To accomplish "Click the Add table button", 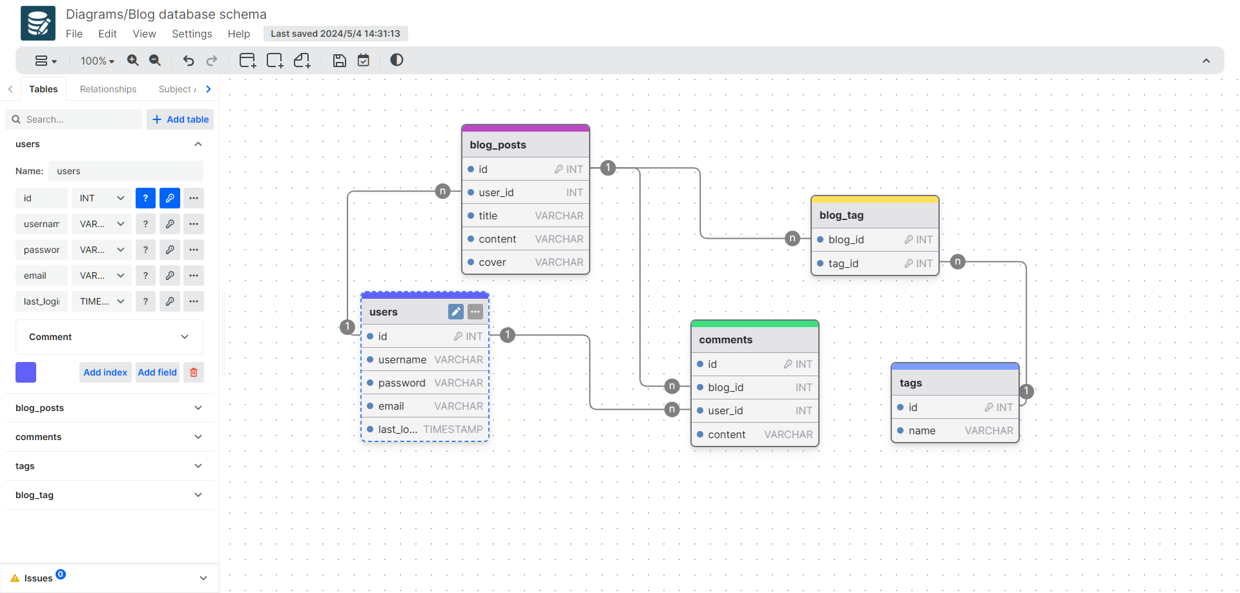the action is click(x=180, y=119).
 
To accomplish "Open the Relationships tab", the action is click(x=108, y=89).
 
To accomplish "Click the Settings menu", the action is click(x=192, y=34).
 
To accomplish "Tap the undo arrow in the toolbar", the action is click(x=189, y=61).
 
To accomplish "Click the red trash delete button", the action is click(x=194, y=372).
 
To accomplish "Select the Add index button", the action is click(x=105, y=372).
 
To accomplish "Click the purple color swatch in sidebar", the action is click(x=26, y=372).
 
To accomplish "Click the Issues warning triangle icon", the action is click(x=15, y=578).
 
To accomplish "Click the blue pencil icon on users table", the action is click(x=456, y=312).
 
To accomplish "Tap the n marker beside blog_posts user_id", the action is click(x=442, y=191).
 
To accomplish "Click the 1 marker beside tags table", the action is click(x=1026, y=391).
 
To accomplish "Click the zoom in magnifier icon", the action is click(x=133, y=60).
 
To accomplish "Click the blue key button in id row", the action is click(x=169, y=198).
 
